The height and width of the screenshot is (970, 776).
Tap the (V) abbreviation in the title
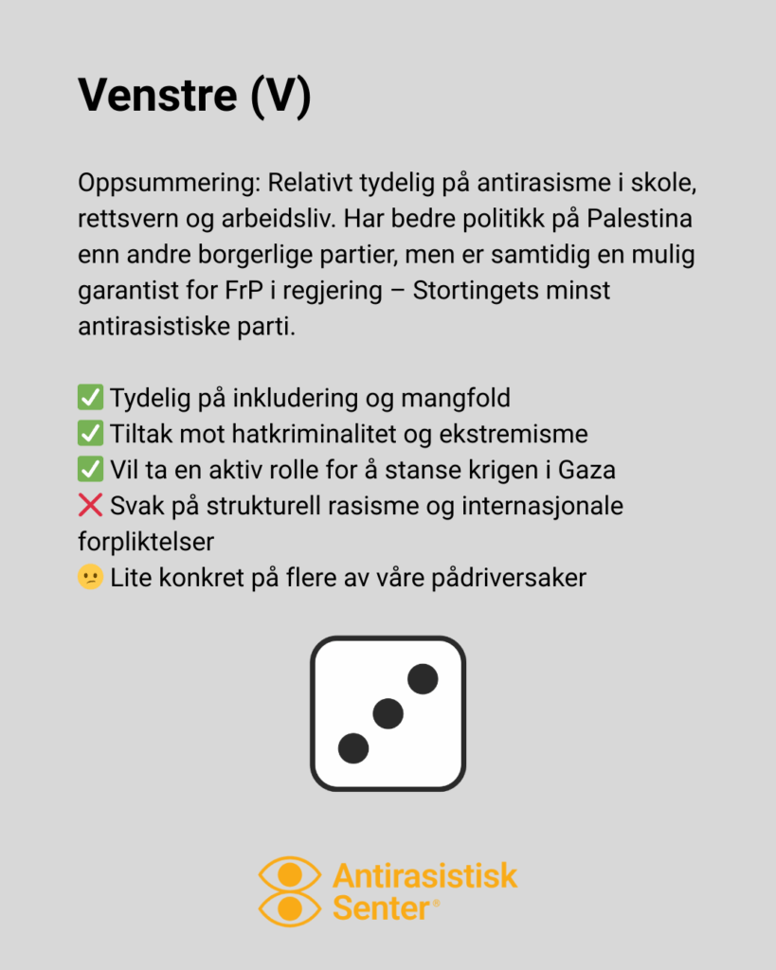[280, 96]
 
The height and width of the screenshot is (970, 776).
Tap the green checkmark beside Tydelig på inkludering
[90, 398]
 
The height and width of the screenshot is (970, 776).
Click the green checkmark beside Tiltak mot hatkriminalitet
[90, 434]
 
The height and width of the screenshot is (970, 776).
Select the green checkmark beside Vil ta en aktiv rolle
[90, 469]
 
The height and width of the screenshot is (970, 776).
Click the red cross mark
[90, 506]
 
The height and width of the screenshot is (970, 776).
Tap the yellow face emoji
[90, 577]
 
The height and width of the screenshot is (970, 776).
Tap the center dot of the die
[388, 713]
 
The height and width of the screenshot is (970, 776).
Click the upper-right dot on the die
[423, 678]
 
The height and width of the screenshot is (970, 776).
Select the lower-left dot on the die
[353, 747]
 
